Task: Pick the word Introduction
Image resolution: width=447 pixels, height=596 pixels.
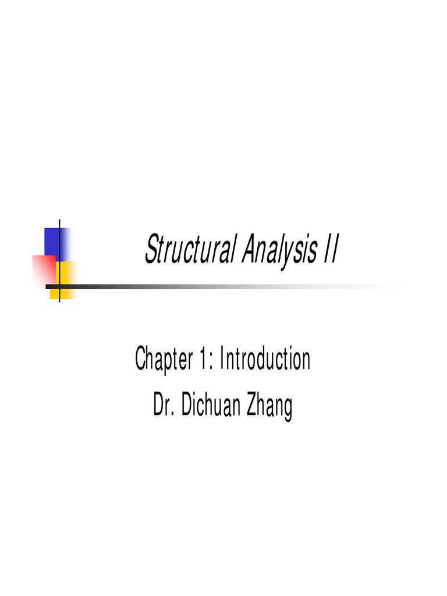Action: point(265,360)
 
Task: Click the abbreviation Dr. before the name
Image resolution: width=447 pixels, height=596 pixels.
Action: point(163,406)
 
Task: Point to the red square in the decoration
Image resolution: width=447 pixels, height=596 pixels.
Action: point(44,271)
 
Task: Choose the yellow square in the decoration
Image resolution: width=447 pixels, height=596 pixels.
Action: point(65,279)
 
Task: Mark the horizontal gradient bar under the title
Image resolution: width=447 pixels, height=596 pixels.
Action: point(221,286)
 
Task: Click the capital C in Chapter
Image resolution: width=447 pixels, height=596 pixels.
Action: point(140,360)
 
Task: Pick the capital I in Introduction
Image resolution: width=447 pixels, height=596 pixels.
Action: point(225,360)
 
